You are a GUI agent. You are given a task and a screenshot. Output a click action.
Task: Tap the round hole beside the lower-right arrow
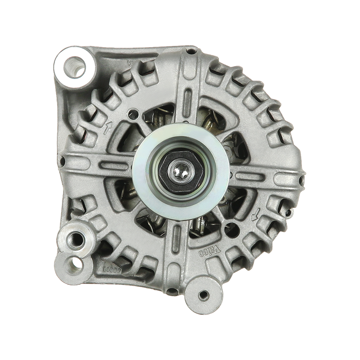[232, 226]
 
